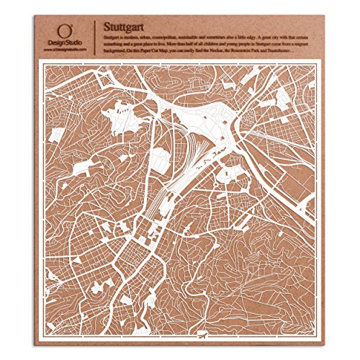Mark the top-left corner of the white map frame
pos(39,62)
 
